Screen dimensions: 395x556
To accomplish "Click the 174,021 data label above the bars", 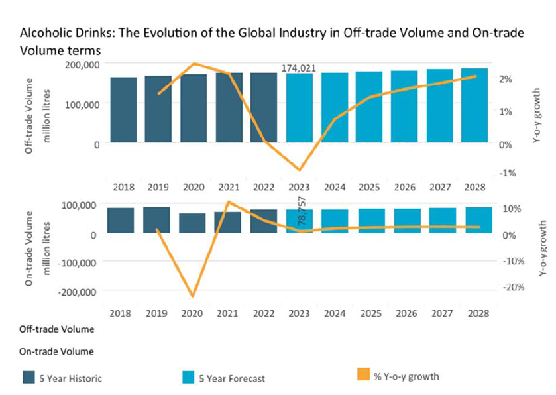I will [298, 68].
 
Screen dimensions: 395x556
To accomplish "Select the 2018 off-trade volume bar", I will [123, 110].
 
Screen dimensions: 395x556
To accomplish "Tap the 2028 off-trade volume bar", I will [474, 105].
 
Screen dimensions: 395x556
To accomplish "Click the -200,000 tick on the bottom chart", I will [79, 291].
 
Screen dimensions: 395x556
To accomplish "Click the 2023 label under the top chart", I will [298, 188].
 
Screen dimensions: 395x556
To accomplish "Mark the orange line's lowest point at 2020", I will [193, 296].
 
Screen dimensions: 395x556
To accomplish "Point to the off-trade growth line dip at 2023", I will [299, 170].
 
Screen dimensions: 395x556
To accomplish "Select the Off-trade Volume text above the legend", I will [56, 329].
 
